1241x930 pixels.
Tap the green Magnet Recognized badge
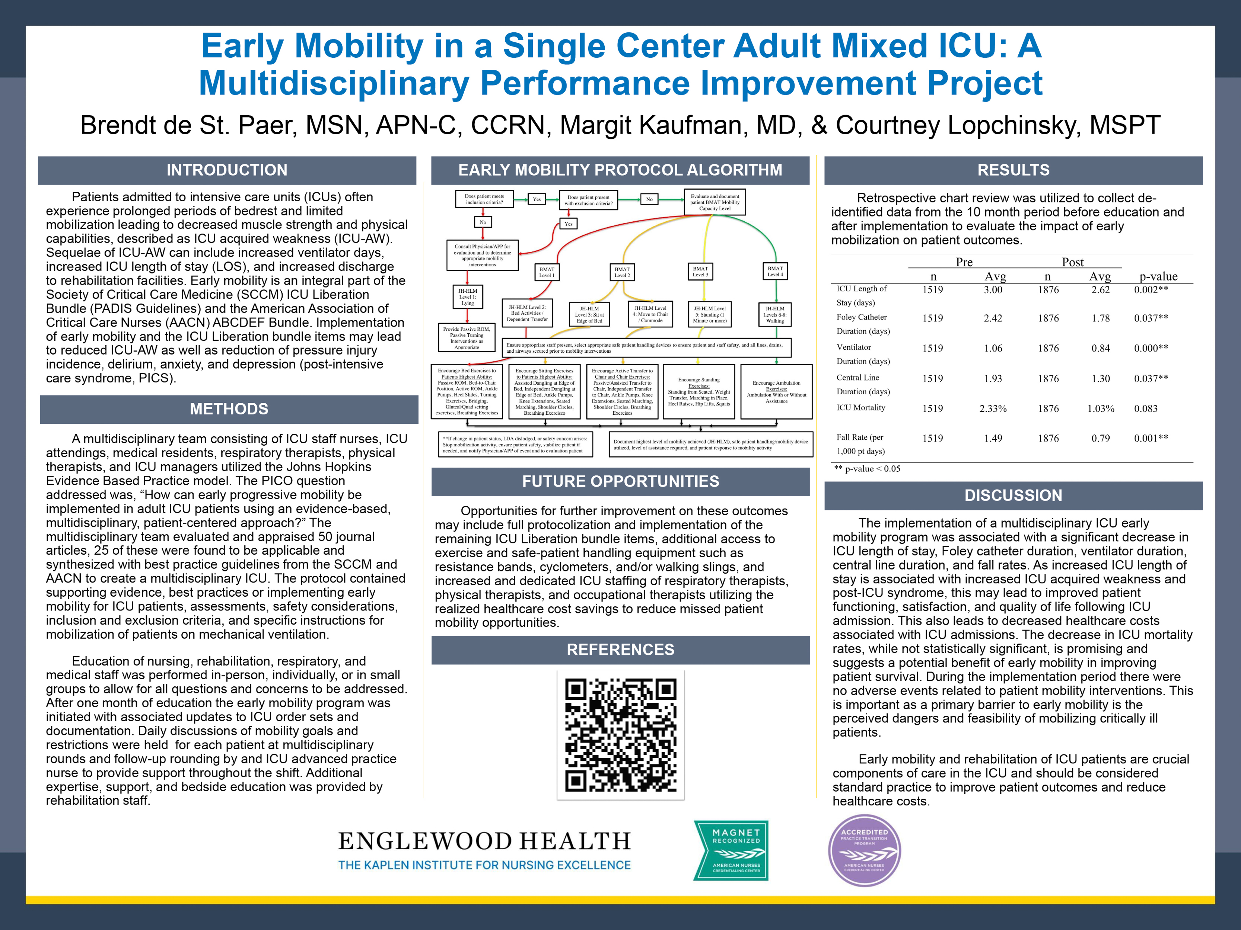tap(731, 850)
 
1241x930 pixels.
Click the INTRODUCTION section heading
tap(227, 170)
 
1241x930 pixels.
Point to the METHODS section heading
tap(229, 409)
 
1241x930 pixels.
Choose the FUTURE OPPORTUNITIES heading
tap(620, 481)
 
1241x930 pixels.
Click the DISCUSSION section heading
tap(1013, 496)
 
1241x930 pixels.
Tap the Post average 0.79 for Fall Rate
tap(1100, 438)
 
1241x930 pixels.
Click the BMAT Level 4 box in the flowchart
tap(775, 271)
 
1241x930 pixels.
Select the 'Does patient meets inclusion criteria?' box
tap(484, 199)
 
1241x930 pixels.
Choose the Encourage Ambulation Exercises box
tap(776, 392)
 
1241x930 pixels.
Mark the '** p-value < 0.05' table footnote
tap(867, 469)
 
